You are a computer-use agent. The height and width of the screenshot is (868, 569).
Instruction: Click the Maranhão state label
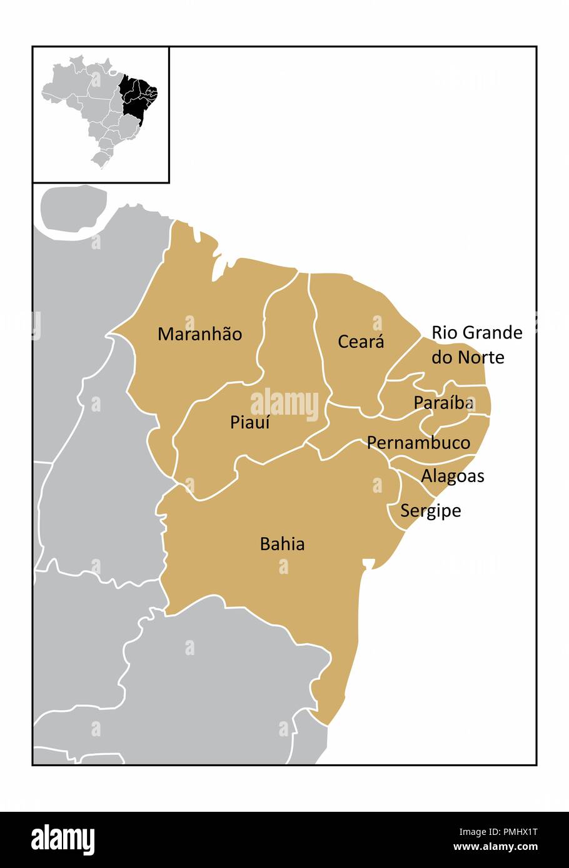[x=199, y=334]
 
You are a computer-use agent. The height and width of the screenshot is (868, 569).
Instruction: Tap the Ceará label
[x=361, y=342]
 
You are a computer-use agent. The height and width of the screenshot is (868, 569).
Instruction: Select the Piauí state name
[x=249, y=423]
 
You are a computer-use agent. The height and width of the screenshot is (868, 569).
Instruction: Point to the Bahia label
[x=282, y=544]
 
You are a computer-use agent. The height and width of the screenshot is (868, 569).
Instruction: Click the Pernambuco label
[x=418, y=443]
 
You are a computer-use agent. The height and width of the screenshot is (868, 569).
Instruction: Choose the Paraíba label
[x=443, y=403]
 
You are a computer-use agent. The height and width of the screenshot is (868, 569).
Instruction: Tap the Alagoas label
[x=452, y=476]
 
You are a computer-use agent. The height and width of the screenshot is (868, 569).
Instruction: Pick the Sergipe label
[x=430, y=511]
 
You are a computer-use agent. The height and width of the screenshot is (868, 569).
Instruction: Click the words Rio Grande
[x=476, y=332]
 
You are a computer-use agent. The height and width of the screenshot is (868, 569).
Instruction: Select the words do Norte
[x=467, y=357]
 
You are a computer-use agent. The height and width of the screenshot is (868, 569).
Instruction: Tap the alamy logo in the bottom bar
[x=63, y=840]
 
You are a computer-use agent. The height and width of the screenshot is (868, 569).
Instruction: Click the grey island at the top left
[x=73, y=210]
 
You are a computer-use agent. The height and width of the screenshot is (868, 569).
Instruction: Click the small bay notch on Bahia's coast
[x=368, y=565]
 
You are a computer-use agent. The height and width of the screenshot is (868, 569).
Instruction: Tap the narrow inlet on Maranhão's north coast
[x=218, y=269]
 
